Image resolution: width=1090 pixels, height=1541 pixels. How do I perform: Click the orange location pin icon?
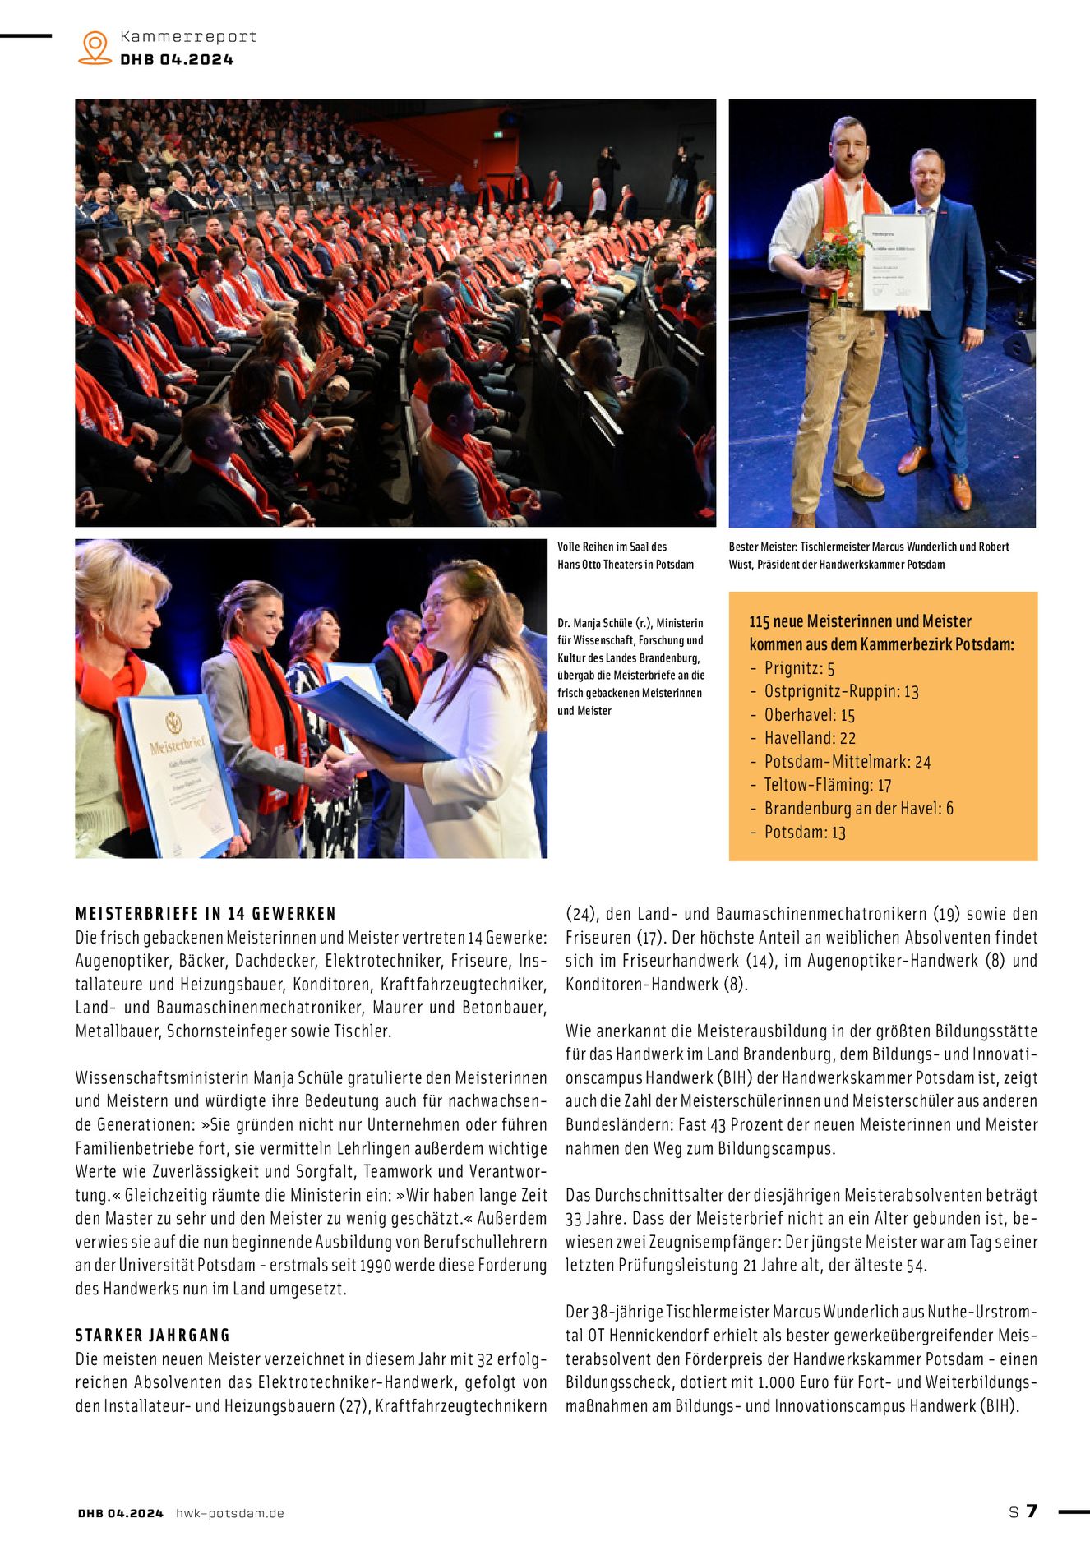click(x=95, y=47)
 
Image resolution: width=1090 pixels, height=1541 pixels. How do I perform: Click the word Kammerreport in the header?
click(x=188, y=37)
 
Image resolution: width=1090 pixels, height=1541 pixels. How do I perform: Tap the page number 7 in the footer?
click(x=1032, y=1511)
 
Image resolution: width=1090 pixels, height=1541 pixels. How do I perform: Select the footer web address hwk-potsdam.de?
click(x=230, y=1513)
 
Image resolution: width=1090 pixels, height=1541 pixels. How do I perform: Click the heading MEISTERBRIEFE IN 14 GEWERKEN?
click(x=206, y=913)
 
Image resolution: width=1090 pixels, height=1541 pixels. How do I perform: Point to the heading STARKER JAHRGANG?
click(x=153, y=1335)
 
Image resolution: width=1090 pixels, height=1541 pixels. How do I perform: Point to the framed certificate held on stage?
click(x=895, y=261)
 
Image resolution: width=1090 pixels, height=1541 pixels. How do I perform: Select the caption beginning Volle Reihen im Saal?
click(x=626, y=556)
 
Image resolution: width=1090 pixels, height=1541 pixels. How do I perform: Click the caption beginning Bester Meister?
click(x=869, y=556)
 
